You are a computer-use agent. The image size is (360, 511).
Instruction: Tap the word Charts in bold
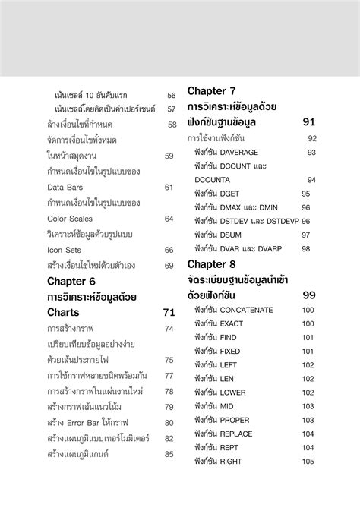pyautogui.click(x=63, y=312)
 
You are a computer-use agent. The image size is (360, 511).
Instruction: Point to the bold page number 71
pyautogui.click(x=169, y=312)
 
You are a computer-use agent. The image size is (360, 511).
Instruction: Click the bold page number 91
pyautogui.click(x=308, y=121)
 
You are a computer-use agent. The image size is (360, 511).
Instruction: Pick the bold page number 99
pyautogui.click(x=308, y=295)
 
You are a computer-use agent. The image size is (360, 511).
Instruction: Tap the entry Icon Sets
pyautogui.click(x=64, y=250)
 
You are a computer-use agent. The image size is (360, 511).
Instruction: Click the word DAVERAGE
pyautogui.click(x=245, y=153)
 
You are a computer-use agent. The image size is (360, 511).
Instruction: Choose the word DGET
pyautogui.click(x=229, y=194)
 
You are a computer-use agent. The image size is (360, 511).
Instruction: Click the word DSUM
pyautogui.click(x=231, y=235)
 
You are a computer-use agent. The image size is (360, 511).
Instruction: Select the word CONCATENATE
pyautogui.click(x=257, y=310)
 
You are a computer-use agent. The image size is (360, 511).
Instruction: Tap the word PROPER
pyautogui.click(x=235, y=420)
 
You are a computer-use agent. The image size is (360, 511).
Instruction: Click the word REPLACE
pyautogui.click(x=237, y=434)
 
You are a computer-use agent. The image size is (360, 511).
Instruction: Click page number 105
pyautogui.click(x=308, y=461)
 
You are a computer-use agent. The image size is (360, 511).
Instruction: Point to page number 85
pyautogui.click(x=169, y=453)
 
